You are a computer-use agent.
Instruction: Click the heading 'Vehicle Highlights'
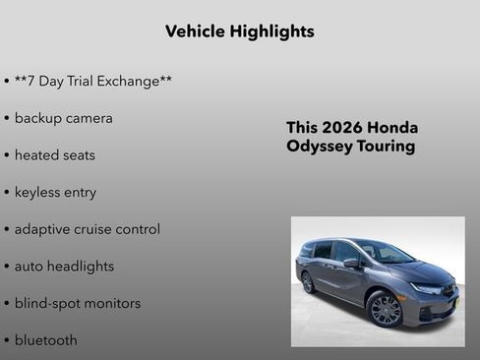[240, 31]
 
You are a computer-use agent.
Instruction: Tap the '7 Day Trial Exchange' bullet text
[93, 81]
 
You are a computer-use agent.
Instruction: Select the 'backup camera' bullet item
[63, 118]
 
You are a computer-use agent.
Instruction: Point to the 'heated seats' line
[54, 155]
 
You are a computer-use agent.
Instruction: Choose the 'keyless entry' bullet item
[55, 192]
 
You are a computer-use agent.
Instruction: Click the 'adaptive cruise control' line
[87, 229]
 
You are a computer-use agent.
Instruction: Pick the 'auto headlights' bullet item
[64, 267]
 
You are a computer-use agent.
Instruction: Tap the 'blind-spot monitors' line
[77, 303]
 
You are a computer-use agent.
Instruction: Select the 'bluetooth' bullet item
[45, 340]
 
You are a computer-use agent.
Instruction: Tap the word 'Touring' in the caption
[386, 147]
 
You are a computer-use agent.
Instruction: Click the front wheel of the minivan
[386, 310]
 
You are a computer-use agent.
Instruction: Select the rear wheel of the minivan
[309, 282]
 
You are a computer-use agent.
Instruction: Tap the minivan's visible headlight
[428, 288]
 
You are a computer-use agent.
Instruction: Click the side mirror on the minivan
[351, 263]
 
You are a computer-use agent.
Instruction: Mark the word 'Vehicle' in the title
[195, 31]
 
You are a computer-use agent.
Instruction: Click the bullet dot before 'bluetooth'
[7, 341]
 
